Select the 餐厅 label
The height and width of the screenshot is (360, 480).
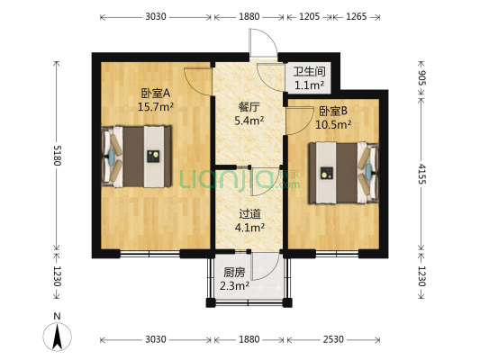249,106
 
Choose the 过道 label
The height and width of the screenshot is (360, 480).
250,214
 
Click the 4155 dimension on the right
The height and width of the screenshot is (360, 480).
422,171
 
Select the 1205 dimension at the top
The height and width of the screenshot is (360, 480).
309,16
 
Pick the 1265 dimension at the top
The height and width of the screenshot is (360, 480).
355,16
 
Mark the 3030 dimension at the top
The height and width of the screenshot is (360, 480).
156,16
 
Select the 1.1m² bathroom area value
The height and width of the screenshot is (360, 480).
309,86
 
